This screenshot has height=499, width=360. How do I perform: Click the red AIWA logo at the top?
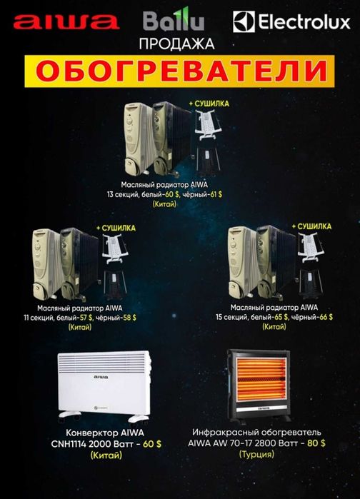pyautogui.click(x=65, y=23)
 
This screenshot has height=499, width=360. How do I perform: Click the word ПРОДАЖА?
pyautogui.click(x=179, y=44)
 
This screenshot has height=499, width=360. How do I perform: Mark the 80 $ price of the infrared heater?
pyautogui.click(x=314, y=443)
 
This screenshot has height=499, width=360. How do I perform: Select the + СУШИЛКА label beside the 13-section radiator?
pyautogui.click(x=209, y=104)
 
